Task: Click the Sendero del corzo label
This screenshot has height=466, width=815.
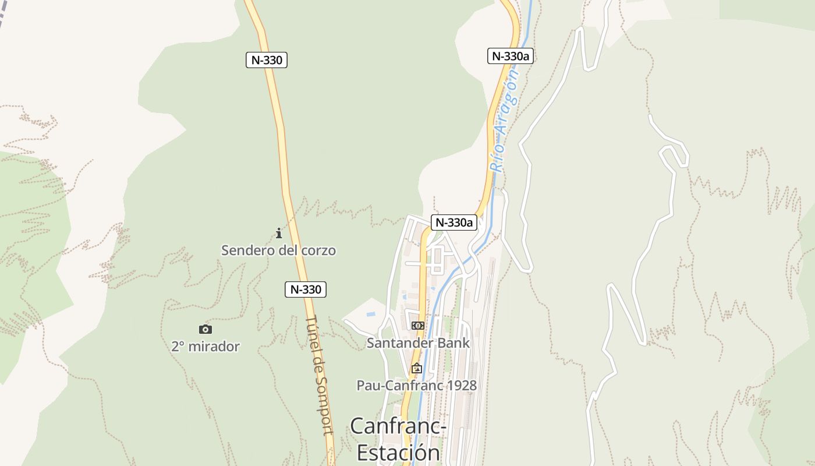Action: pos(278,250)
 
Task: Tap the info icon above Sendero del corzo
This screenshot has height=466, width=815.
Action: pos(279,234)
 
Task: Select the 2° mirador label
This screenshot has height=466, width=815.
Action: pos(205,347)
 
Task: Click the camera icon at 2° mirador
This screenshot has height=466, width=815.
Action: pos(205,330)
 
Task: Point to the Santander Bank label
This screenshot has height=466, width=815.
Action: pos(418,343)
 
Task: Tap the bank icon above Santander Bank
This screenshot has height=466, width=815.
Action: pos(417,326)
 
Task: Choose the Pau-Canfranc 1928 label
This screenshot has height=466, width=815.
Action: pos(416,385)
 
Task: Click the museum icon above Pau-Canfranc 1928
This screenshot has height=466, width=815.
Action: pos(416,368)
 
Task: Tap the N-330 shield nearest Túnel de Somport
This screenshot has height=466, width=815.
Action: pos(306,289)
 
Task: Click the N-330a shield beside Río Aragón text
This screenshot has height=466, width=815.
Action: pos(511,56)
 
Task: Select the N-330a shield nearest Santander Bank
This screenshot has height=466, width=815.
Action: pos(454,222)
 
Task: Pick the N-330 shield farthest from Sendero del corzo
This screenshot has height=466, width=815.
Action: pos(267,59)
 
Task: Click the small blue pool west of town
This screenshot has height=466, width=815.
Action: pos(370,314)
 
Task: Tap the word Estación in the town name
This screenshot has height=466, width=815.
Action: pos(398,453)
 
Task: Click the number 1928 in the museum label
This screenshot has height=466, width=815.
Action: pos(459,385)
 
